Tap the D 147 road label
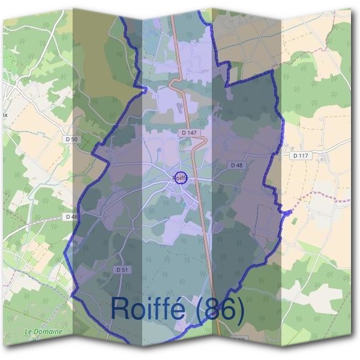pos(188,132)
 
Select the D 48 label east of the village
pos(236,165)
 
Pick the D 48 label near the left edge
pos(71,217)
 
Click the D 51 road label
pos(121,270)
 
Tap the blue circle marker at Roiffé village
pos(180,178)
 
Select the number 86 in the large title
pos(223,310)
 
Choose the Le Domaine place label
pos(44,331)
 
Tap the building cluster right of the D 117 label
pos(325,157)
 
